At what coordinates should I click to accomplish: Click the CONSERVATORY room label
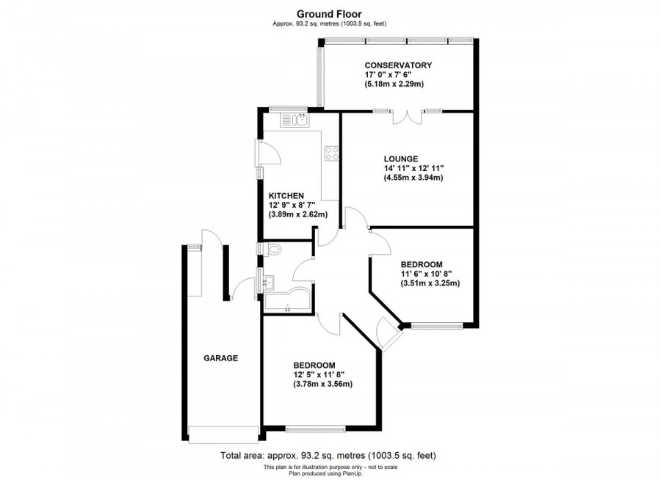pyautogui.click(x=398, y=65)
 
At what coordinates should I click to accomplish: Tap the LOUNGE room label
pyautogui.click(x=400, y=159)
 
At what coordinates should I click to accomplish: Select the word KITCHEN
pyautogui.click(x=286, y=195)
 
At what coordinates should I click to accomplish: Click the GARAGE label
pyautogui.click(x=221, y=359)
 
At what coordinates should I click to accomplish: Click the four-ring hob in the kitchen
pyautogui.click(x=331, y=153)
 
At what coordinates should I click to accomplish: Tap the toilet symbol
pyautogui.click(x=273, y=250)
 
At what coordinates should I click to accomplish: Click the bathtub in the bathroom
pyautogui.click(x=286, y=301)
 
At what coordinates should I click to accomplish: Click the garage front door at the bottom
pyautogui.click(x=223, y=433)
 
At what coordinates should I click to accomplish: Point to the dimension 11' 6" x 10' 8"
pyautogui.click(x=431, y=274)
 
